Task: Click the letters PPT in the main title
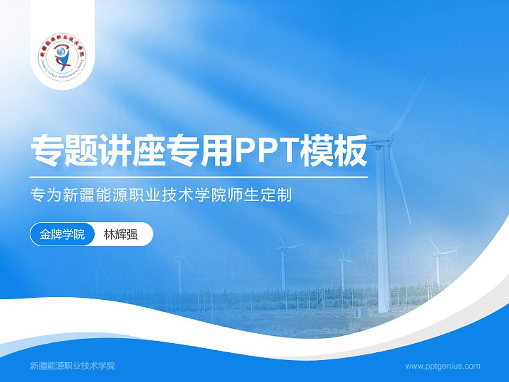[259, 151]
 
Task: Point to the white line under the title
[199, 177]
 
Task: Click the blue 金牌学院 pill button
[63, 235]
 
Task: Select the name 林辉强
[121, 235]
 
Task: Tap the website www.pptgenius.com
[443, 366]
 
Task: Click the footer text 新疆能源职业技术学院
[73, 366]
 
